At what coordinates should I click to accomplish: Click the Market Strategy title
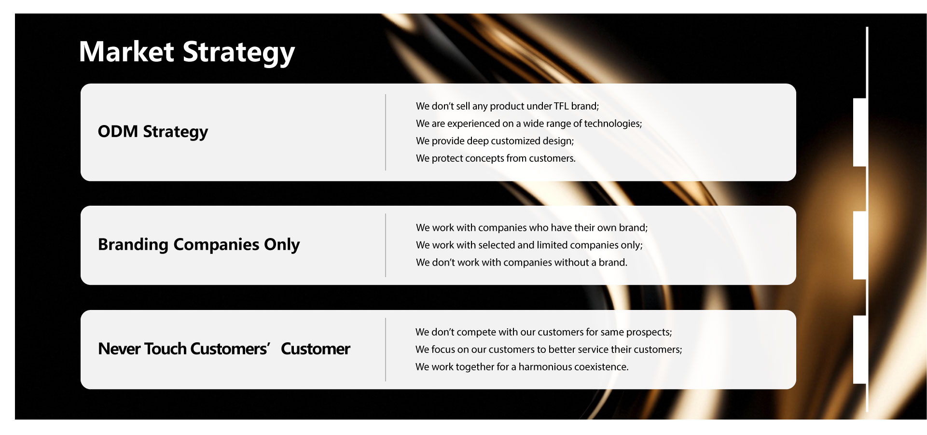187,53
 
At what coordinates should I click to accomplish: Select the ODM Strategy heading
153,132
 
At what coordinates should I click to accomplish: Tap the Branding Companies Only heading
199,245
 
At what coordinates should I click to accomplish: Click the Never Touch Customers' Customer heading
224,349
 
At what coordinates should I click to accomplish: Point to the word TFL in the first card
561,106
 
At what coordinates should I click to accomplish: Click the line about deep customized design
495,141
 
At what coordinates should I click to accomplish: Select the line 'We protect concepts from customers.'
496,158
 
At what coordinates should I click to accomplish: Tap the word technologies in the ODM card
613,124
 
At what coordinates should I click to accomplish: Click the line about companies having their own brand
532,228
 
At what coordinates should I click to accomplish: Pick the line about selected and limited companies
529,245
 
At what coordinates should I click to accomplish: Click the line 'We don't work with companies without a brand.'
522,263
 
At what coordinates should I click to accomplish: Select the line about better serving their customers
549,350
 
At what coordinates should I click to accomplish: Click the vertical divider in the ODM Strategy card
386,132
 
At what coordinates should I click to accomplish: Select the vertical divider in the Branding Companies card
386,245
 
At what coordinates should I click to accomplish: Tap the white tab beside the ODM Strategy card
859,132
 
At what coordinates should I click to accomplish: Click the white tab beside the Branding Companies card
859,245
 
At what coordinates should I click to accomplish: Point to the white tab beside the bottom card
859,350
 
